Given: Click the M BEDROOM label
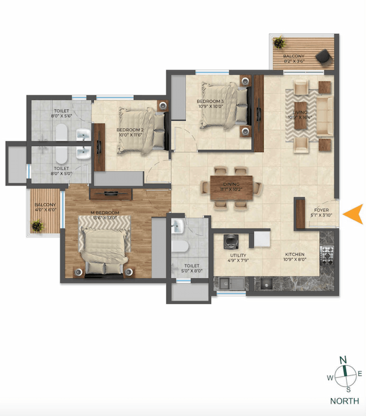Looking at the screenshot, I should tap(105, 213).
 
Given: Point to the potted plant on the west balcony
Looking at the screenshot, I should tap(38, 227).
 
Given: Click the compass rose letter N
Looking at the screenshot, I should tap(344, 360).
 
